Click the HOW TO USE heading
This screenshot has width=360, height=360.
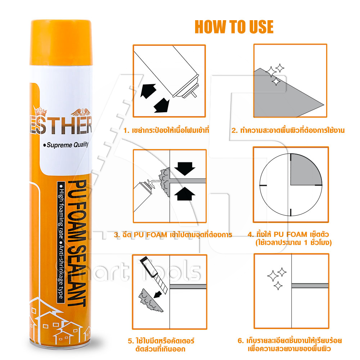point(234,27)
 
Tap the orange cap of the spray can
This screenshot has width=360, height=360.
point(61,42)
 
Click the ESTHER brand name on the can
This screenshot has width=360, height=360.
point(61,125)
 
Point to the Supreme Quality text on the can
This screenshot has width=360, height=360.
point(66,145)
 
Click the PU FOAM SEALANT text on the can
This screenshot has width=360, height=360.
point(77,243)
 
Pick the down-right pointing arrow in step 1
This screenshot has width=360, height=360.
point(162,105)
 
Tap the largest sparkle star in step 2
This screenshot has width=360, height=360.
point(271,72)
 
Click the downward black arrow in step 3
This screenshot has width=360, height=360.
point(185,168)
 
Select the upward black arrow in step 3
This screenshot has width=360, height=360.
point(185,194)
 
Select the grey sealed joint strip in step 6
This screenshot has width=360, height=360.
point(310,286)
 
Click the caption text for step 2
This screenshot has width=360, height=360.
point(288,130)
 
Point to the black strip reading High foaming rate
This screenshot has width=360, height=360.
point(61,242)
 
